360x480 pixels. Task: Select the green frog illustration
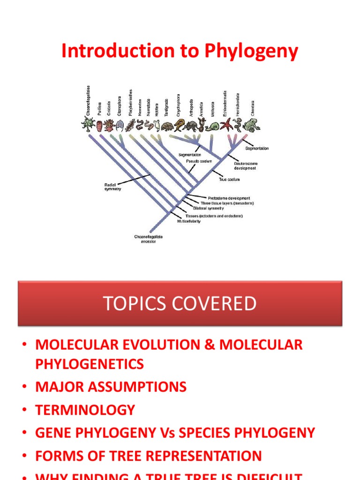(x=252, y=125)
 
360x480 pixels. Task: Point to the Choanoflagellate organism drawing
(x=88, y=124)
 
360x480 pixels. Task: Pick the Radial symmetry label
(x=113, y=187)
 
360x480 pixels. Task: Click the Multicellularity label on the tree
(x=188, y=221)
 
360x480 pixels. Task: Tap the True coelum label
(x=230, y=180)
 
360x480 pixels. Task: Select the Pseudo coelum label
(x=199, y=161)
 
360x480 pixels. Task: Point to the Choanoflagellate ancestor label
(x=149, y=239)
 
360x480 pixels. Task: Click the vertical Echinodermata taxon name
(x=225, y=104)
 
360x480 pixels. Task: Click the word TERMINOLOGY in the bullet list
(x=85, y=410)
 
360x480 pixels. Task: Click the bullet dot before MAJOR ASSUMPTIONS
(x=24, y=388)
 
